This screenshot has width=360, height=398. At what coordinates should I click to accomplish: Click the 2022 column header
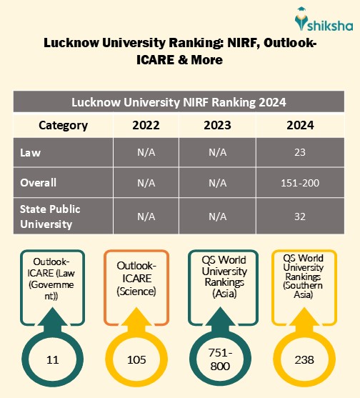pos(146,125)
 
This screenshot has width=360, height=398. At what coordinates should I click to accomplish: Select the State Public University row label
pos(49,216)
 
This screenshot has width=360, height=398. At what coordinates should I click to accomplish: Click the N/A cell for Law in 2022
pos(146,153)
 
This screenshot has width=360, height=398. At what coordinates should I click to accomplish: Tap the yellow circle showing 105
pos(136,359)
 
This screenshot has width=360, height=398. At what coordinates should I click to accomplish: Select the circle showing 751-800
pos(220,359)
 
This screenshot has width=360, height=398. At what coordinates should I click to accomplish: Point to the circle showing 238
pos(304,359)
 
